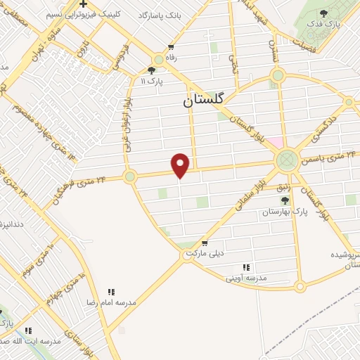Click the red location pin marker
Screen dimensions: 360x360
tap(181, 165)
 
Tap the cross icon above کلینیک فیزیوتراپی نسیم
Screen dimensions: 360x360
tap(83, 4)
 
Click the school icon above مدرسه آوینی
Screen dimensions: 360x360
tap(246, 267)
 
